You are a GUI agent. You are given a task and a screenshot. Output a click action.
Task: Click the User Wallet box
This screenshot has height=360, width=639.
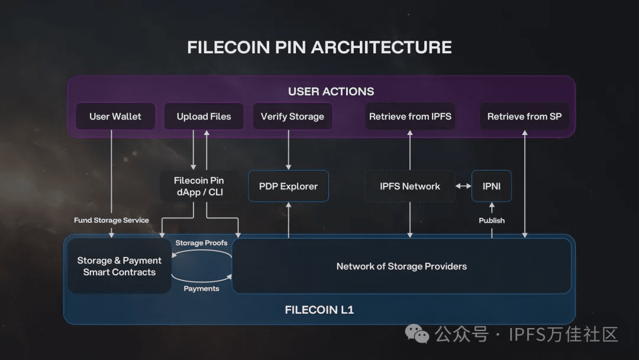(115, 117)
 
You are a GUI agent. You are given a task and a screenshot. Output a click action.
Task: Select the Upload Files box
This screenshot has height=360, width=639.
(204, 117)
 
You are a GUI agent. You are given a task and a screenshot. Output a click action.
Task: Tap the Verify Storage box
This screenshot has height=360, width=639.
(292, 117)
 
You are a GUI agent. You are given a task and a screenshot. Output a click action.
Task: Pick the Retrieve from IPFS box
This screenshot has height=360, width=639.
(410, 117)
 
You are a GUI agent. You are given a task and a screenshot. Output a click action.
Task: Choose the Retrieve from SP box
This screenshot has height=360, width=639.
(524, 117)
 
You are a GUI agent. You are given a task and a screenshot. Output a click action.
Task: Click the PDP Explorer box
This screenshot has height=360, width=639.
(288, 187)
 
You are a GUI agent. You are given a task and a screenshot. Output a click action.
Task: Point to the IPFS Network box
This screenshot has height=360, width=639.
(410, 187)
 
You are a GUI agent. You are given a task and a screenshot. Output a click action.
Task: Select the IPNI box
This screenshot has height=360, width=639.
(492, 187)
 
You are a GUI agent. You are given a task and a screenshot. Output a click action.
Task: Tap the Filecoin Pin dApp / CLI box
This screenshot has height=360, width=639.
(199, 187)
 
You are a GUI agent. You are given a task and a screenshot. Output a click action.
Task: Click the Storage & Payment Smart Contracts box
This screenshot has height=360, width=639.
(120, 266)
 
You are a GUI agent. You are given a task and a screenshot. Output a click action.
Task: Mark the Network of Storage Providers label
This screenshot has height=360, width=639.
(402, 266)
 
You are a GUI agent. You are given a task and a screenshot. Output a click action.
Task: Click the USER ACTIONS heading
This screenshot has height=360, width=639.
(331, 92)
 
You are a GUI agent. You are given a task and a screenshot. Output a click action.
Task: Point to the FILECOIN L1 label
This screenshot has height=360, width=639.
(319, 310)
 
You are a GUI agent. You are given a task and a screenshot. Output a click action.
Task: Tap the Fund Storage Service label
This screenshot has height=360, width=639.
(111, 220)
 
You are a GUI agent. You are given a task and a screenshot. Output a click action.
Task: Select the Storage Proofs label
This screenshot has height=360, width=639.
(201, 243)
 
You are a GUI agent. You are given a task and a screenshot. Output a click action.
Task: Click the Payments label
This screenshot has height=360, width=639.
(201, 289)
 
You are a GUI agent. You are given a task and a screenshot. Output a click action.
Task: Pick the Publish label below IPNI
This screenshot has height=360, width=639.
(492, 220)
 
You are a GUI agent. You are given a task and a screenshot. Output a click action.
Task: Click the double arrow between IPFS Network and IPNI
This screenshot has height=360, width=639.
(463, 187)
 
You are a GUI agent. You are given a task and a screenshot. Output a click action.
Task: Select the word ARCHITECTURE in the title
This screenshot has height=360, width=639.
(382, 47)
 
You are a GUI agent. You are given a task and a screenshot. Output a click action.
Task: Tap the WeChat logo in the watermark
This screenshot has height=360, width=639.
(417, 335)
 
